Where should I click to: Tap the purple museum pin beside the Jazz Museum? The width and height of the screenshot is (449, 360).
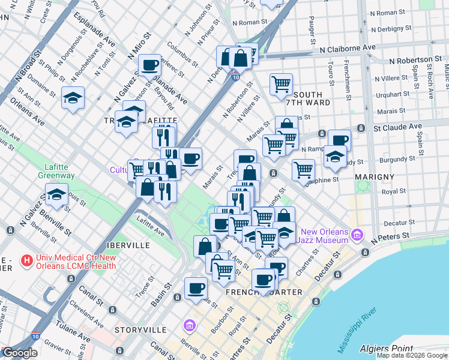point(359,234)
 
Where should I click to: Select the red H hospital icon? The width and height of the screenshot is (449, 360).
point(26,261)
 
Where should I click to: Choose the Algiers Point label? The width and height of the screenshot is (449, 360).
point(385,349)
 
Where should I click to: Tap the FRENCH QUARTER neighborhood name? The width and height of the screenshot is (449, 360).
point(264,292)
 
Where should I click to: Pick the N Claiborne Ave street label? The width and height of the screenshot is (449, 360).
point(348,48)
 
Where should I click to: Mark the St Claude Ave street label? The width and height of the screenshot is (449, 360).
point(398,127)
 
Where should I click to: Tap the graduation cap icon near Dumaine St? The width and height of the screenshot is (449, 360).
point(73,98)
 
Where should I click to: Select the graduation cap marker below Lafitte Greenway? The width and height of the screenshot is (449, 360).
point(57,194)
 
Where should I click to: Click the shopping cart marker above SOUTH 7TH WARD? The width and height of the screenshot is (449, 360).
point(280,84)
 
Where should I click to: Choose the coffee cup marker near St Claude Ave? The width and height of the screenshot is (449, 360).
point(339,140)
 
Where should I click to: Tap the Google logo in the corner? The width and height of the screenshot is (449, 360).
point(20,353)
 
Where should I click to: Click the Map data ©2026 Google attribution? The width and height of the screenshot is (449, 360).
point(412,355)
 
